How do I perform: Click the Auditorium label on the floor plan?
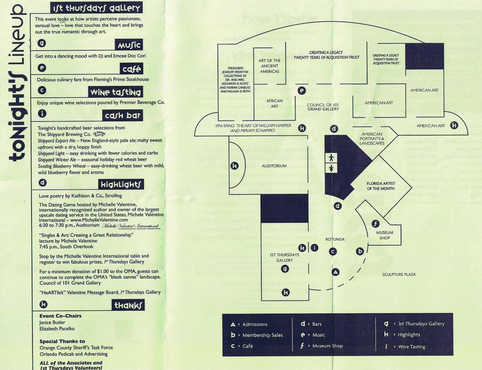click(274, 166)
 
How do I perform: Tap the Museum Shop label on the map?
click(384, 235)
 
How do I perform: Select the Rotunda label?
click(335, 239)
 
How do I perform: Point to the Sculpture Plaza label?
click(399, 274)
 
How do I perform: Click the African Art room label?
click(274, 103)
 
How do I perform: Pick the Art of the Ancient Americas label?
click(269, 66)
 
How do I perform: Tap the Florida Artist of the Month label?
click(381, 186)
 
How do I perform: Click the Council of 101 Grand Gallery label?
click(323, 107)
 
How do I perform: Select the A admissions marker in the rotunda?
click(335, 272)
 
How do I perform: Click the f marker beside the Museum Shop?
click(375, 224)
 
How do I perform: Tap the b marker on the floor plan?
click(360, 251)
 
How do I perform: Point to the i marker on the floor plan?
click(314, 248)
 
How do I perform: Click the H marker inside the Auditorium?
click(235, 166)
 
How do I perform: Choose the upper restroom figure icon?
click(331, 158)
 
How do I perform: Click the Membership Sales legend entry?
click(262, 335)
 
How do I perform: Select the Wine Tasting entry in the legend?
click(411, 347)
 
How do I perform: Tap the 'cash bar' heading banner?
click(122, 116)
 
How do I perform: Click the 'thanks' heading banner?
click(128, 305)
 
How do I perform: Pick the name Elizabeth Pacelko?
click(57, 329)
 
